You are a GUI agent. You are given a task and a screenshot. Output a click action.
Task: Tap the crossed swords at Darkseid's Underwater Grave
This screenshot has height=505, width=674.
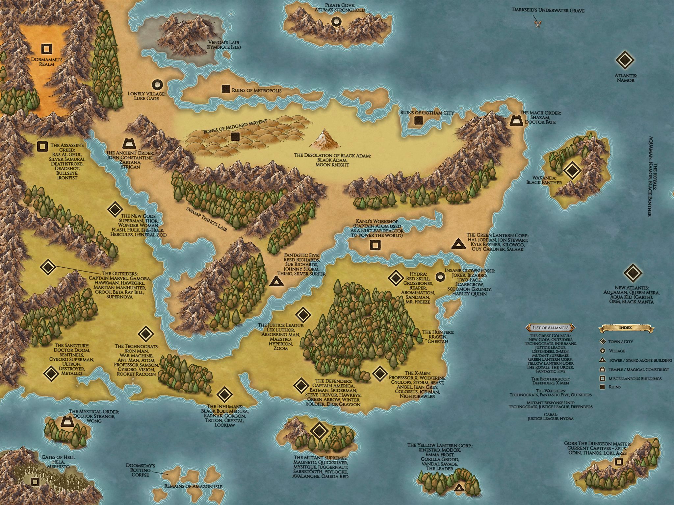pyautogui.click(x=538, y=24)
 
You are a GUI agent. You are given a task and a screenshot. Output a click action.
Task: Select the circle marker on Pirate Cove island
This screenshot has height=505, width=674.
pyautogui.click(x=336, y=22)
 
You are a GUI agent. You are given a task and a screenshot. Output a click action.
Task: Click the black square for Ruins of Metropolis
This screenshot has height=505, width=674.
pyautogui.click(x=225, y=89)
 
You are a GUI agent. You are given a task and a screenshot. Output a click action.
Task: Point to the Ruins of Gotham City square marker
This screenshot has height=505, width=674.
pyautogui.click(x=418, y=120)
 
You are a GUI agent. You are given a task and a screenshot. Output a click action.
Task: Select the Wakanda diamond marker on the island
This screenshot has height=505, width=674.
pyautogui.click(x=572, y=170)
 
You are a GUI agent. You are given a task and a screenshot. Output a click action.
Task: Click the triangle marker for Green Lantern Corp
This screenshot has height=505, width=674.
pyautogui.click(x=457, y=244)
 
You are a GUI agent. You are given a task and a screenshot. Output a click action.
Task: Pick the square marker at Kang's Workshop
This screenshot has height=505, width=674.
pyautogui.click(x=375, y=245)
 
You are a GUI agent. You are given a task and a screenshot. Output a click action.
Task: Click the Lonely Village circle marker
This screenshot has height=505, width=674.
pyautogui.click(x=158, y=84)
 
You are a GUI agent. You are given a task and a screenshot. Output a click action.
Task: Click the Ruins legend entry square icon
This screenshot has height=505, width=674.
pyautogui.click(x=603, y=387)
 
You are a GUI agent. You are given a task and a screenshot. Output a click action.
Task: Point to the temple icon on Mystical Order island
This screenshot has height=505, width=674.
pyautogui.click(x=67, y=422)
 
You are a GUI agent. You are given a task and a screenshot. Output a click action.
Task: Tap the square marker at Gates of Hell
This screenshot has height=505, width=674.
pyautogui.click(x=35, y=482)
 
